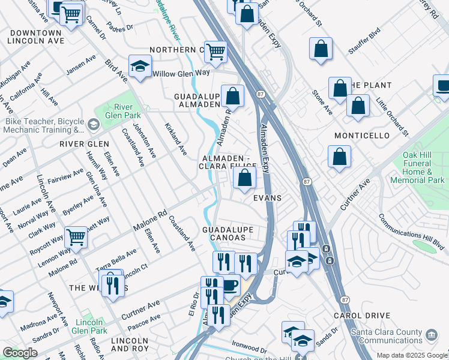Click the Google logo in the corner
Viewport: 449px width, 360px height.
tap(20, 353)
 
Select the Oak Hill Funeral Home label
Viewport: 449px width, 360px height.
tap(417, 171)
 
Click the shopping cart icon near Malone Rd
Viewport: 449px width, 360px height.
tap(76, 237)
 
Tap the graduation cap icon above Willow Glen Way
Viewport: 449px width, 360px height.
tap(140, 66)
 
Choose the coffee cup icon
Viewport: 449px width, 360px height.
tap(229, 284)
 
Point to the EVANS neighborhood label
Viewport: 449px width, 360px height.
tap(267, 197)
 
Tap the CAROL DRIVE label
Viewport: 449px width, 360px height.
tap(362, 315)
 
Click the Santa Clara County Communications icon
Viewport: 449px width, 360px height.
tap(431, 334)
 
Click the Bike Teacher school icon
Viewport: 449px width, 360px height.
tap(93, 124)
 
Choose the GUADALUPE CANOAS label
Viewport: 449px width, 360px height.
tap(228, 233)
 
